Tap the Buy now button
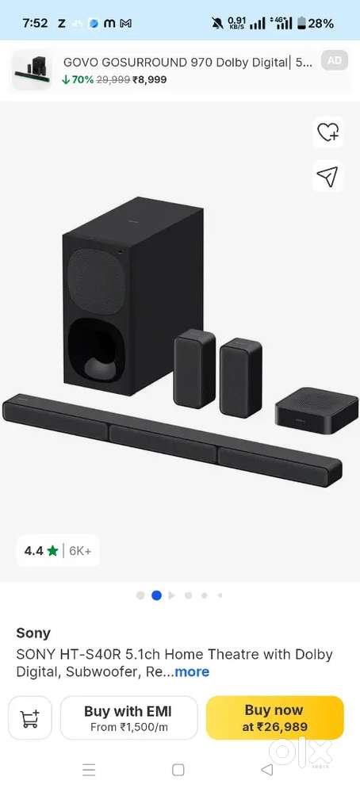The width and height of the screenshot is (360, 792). [x=274, y=717]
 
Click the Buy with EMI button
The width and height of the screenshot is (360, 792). [x=128, y=717]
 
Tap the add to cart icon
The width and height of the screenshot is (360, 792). [x=30, y=718]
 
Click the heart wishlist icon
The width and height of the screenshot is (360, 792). [x=327, y=133]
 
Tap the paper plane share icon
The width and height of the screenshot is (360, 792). [x=327, y=176]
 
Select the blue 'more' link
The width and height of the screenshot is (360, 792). [x=192, y=671]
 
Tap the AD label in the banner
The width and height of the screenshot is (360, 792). [x=335, y=60]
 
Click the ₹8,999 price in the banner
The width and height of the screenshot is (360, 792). [x=149, y=79]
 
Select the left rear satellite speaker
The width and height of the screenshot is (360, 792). [x=194, y=369]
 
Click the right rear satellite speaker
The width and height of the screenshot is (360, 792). [x=240, y=377]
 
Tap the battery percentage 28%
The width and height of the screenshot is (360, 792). [x=320, y=23]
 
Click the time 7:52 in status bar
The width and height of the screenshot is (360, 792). [x=35, y=23]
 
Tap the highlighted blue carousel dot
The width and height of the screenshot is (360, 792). [x=156, y=595]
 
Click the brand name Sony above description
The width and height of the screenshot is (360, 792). [x=33, y=633]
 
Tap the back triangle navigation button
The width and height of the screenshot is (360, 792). [x=266, y=769]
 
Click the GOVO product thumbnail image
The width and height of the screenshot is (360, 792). [x=33, y=70]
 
